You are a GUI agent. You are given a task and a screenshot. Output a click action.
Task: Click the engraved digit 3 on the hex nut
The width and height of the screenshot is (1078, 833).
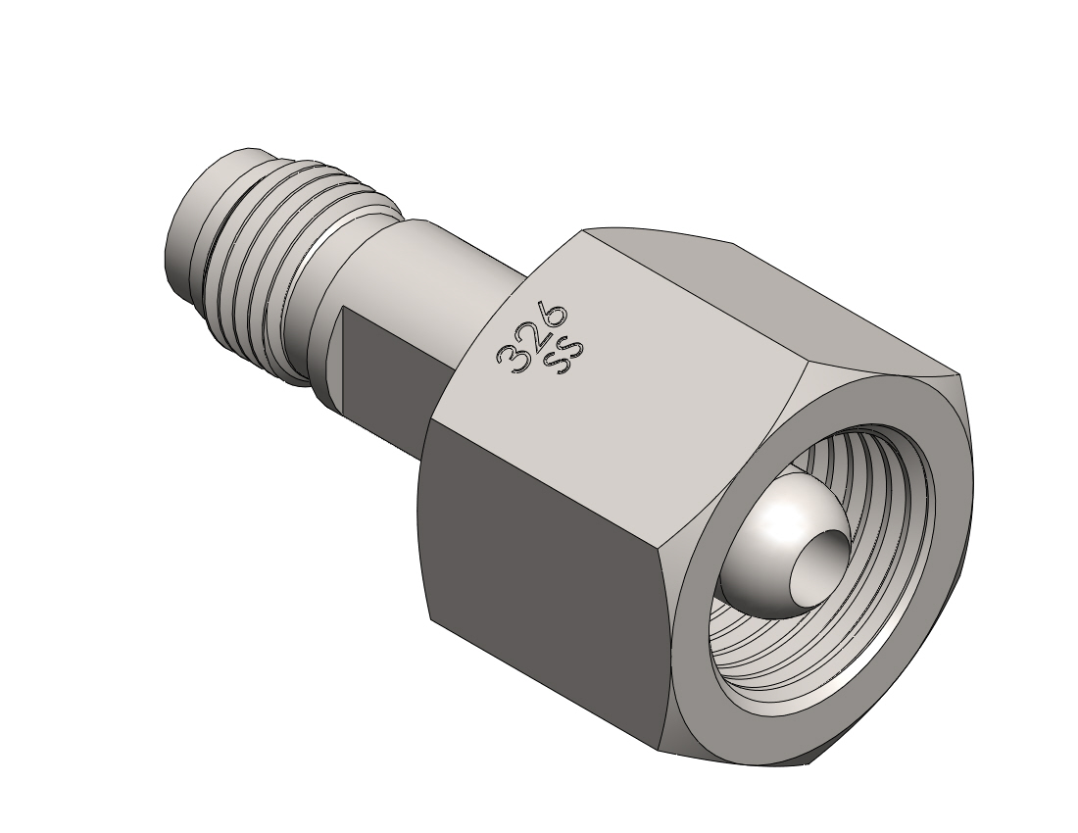(x=512, y=358)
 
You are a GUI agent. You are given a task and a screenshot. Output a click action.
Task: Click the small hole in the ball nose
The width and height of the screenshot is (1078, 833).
(x=818, y=563)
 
